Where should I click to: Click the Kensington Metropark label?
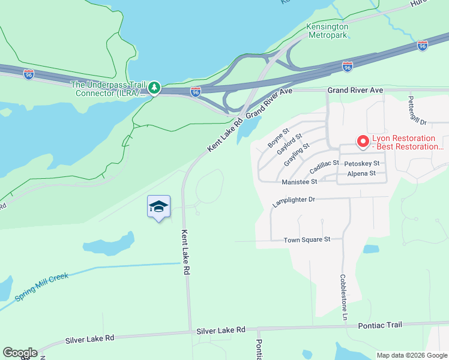[327, 32]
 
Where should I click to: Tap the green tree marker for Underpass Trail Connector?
[154, 88]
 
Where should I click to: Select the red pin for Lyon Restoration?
[363, 142]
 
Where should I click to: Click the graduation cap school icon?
[159, 207]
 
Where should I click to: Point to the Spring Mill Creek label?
[42, 287]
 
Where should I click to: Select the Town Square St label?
[307, 239]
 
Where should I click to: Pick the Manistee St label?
[299, 182]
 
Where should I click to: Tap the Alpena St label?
[361, 173]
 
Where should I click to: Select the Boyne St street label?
[279, 139]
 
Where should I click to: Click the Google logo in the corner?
[20, 353]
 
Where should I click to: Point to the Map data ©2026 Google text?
[411, 355]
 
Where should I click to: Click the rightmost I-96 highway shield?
[423, 46]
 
